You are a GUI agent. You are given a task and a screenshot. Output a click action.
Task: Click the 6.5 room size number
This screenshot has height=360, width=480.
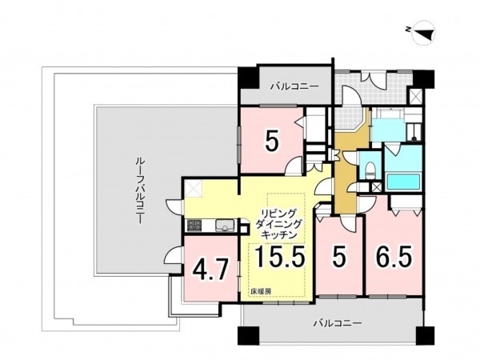[393, 258]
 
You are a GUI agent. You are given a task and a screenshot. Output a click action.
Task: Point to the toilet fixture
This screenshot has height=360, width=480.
[370, 169]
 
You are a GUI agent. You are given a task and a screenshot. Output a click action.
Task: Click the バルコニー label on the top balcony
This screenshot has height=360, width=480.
[294, 85]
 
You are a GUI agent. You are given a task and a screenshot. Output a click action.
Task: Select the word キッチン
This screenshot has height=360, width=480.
[280, 236]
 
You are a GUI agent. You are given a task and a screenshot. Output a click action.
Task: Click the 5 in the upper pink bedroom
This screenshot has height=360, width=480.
[271, 142]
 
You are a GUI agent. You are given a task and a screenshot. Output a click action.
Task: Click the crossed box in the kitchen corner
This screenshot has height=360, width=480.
[194, 190]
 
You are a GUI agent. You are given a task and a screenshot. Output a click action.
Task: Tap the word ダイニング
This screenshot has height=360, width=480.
[279, 225]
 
